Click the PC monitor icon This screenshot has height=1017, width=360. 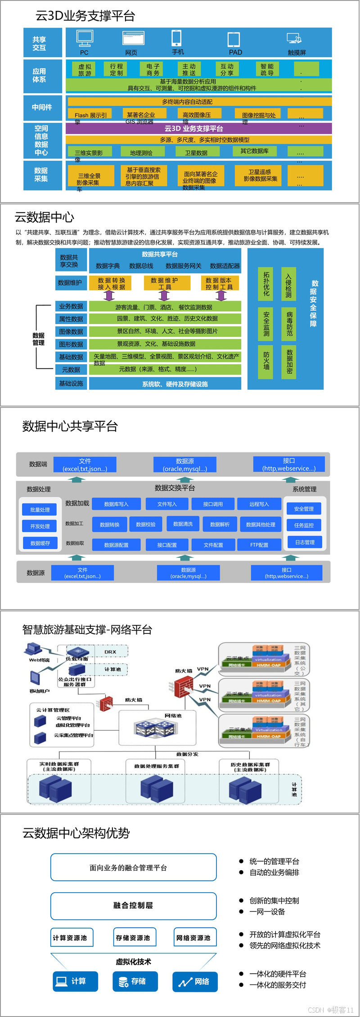pyautogui.click(x=85, y=38)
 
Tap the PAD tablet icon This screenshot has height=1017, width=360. pyautogui.click(x=234, y=39)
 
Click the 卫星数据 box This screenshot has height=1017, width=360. pyautogui.click(x=196, y=152)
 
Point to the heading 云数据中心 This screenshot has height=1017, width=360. pyautogui.click(x=45, y=217)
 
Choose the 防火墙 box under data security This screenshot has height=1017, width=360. pyautogui.click(x=266, y=361)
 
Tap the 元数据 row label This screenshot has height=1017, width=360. pyautogui.click(x=71, y=370)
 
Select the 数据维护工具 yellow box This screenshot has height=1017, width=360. pyautogui.click(x=165, y=283)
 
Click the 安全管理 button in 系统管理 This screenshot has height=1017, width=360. pyautogui.click(x=304, y=509)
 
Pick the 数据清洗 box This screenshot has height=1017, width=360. pyautogui.click(x=183, y=524)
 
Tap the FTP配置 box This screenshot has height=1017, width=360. pyautogui.click(x=259, y=545)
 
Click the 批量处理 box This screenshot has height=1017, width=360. pyautogui.click(x=40, y=510)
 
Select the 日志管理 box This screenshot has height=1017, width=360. pyautogui.click(x=305, y=542)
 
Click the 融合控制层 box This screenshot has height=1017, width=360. pyautogui.click(x=133, y=905)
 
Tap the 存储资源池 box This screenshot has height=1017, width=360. pyautogui.click(x=133, y=938)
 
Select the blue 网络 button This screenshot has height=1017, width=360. pyautogui.click(x=195, y=981)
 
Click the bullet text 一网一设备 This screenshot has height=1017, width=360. pyautogui.click(x=267, y=912)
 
